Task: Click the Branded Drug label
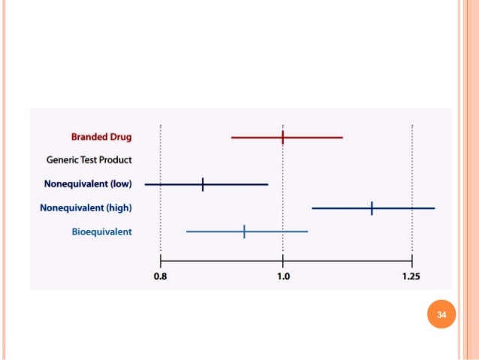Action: (101, 138)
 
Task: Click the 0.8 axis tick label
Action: (161, 277)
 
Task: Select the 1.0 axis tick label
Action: (282, 277)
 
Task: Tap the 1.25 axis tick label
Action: (411, 277)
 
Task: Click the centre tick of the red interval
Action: (282, 138)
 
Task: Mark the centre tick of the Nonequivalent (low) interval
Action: (203, 183)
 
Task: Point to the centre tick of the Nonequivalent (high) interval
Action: (372, 207)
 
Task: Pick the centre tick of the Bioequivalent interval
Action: (244, 231)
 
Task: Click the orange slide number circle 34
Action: (441, 314)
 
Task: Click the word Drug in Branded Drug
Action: (119, 138)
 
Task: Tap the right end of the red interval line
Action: (342, 138)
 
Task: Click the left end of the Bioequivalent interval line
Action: (187, 231)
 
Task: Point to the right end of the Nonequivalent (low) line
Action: (267, 183)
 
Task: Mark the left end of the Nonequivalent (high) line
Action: (312, 207)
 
